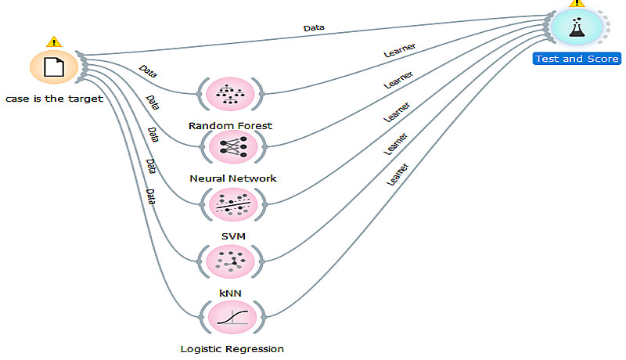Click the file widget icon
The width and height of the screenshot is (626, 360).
53,67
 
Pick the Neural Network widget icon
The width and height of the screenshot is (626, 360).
232,147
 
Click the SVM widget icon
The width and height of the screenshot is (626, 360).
232,203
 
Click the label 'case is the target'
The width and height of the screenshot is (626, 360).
54,99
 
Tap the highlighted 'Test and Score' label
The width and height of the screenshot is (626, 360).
577,59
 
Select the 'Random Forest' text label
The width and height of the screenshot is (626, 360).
231,125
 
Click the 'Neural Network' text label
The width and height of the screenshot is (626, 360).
232,178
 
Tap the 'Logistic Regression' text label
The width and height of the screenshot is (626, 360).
232,348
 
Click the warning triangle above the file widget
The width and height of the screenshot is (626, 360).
53,41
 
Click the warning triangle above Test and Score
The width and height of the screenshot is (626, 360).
578,3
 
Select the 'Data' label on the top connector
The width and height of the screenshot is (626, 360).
313,29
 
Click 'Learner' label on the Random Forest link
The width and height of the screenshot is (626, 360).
399,51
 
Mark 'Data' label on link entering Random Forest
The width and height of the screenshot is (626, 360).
147,72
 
